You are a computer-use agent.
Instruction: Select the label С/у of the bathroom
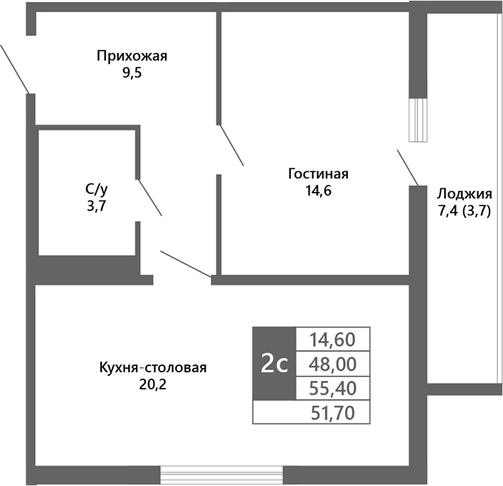coord(97,189)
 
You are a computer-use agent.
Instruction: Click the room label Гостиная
coord(318,174)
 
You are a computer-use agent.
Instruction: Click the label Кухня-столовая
coord(153,368)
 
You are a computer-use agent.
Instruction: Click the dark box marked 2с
coord(274,364)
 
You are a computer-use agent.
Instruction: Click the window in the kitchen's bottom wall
coord(221,475)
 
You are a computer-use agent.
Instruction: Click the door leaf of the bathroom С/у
coord(149,198)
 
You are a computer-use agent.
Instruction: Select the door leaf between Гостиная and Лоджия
coord(408,167)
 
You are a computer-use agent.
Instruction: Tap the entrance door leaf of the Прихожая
coord(14,68)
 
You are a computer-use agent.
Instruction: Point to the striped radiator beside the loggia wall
coord(420,120)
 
